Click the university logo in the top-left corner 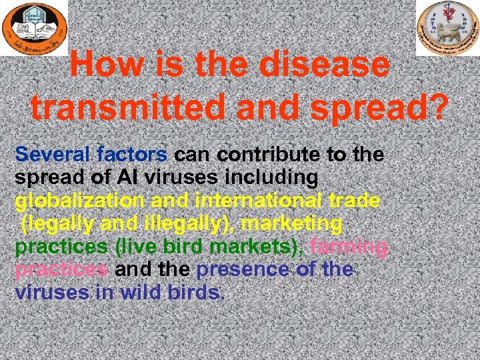[x=33, y=28]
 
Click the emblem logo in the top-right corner [x=447, y=28]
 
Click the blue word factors [x=132, y=155]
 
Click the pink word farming [x=349, y=247]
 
